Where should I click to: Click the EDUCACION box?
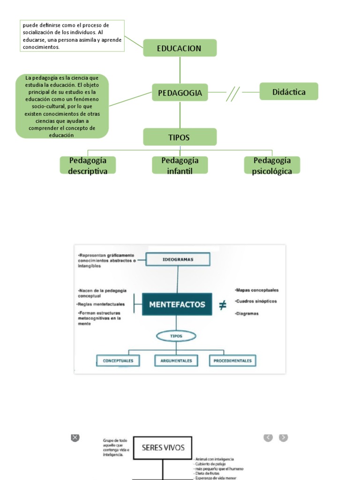coord(180,48)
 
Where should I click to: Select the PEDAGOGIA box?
coord(180,93)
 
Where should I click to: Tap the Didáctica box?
coord(289,92)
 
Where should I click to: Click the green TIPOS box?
coord(180,137)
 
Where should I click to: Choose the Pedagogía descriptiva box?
coord(88,165)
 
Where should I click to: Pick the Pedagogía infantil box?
coord(180,165)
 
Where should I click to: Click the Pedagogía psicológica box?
coord(272,165)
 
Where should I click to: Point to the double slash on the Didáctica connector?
coord(232,93)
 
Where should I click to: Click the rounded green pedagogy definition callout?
coord(62,106)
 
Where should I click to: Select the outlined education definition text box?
coord(72,35)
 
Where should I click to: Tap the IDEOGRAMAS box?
coord(178,259)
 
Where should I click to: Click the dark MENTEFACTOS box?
coord(177,304)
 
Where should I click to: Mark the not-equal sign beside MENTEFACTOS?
coord(223,305)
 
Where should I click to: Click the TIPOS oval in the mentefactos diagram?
coord(176,337)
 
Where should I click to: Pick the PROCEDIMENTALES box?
coord(232,360)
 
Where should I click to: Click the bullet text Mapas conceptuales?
coord(257,290)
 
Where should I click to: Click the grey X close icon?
coord(75,437)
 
